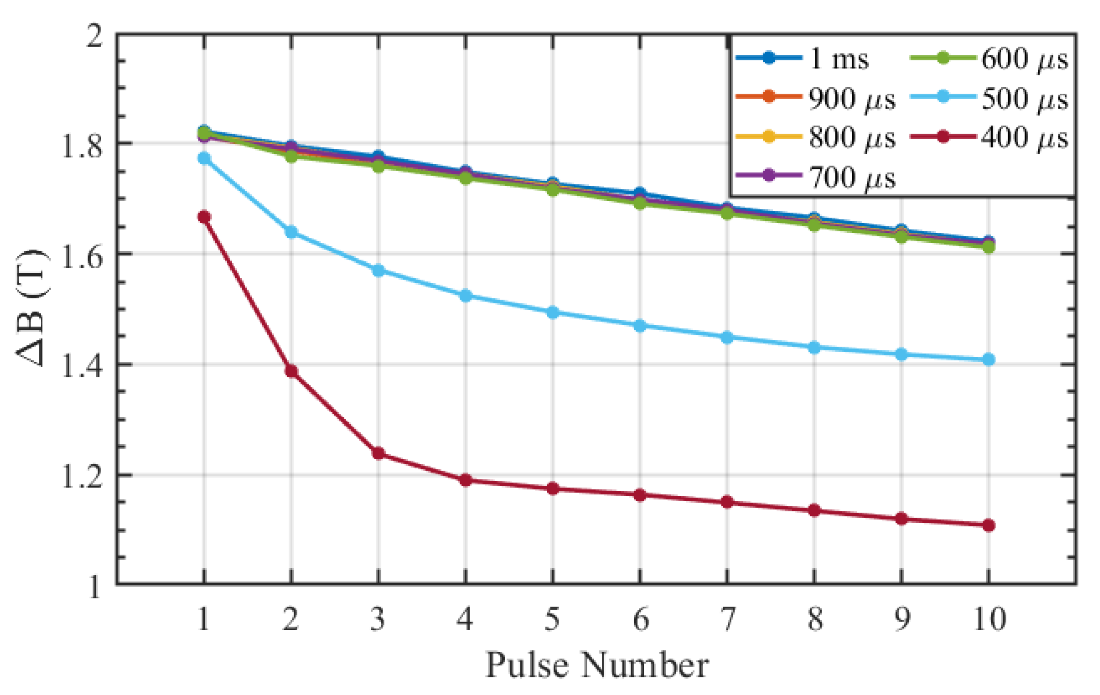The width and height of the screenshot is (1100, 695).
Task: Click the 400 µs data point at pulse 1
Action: click(204, 217)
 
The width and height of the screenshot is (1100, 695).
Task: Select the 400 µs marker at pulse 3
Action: click(378, 453)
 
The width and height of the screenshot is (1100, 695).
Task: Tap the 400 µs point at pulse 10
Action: click(989, 526)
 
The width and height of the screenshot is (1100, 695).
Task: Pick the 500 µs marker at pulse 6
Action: click(640, 326)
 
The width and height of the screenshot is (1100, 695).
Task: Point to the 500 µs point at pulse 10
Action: click(989, 360)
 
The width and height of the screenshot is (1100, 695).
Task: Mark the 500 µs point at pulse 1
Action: click(204, 158)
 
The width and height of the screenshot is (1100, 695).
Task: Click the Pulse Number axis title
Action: click(597, 665)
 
